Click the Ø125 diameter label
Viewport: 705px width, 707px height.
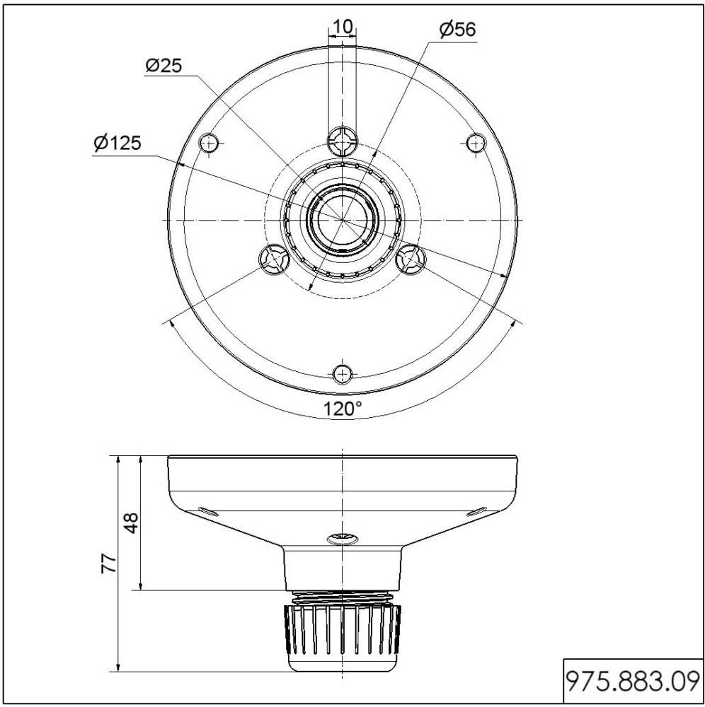(x=117, y=144)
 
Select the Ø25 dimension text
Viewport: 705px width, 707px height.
(x=163, y=66)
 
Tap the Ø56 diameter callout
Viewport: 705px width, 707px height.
(x=457, y=29)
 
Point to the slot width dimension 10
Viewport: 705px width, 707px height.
(x=343, y=26)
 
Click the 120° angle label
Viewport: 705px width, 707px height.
(x=343, y=408)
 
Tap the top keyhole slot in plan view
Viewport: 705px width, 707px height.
(x=343, y=141)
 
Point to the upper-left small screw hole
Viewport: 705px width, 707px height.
(x=209, y=143)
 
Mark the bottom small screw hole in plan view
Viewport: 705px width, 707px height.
(x=343, y=373)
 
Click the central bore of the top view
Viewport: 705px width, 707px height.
(x=343, y=219)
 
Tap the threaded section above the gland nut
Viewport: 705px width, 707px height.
(x=343, y=597)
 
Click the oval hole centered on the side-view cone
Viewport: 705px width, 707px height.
(x=343, y=539)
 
